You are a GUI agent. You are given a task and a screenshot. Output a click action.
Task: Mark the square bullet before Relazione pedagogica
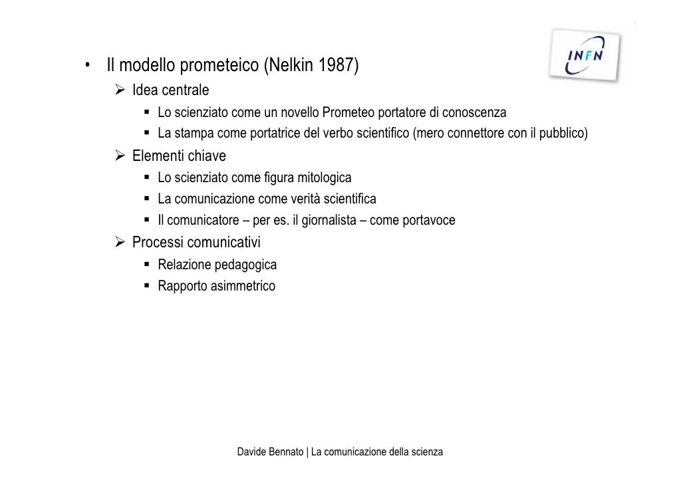[x=146, y=265]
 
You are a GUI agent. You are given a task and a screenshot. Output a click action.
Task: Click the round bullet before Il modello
[x=87, y=66]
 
